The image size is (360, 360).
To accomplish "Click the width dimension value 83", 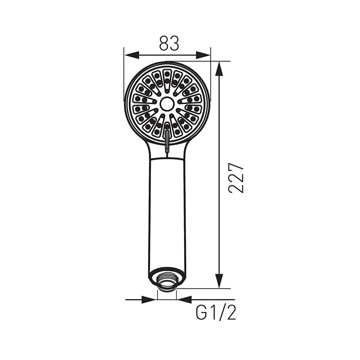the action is (169, 43).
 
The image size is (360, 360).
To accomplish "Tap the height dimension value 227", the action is (236, 178).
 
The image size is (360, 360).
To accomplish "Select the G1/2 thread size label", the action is (216, 313).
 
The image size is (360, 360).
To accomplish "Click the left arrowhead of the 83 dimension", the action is (132, 55).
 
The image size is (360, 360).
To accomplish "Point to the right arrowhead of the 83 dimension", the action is (203, 55).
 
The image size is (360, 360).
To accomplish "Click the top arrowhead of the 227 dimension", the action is (219, 68).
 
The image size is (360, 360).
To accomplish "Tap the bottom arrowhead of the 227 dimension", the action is (219, 281).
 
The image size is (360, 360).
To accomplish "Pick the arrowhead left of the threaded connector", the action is (149, 300).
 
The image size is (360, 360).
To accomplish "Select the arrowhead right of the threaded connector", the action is (184, 300).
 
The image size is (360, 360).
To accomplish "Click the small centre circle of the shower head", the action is (167, 104).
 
